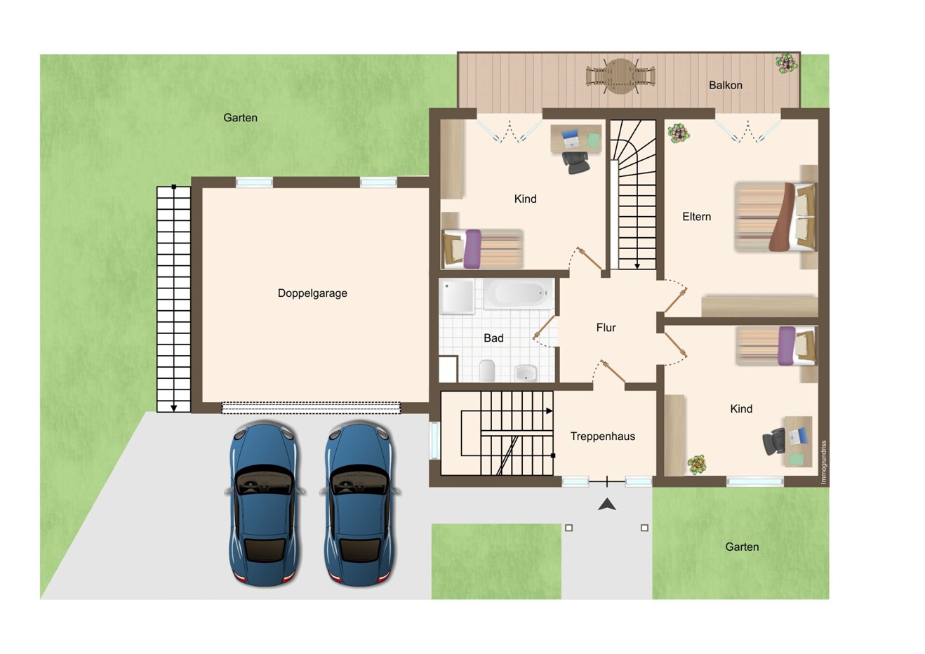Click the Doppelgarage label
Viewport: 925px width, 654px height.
tap(312, 293)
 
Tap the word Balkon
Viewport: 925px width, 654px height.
tap(726, 86)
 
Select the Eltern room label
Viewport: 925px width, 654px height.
tap(697, 217)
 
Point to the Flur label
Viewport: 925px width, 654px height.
tap(606, 328)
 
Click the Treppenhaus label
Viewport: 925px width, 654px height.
tap(602, 436)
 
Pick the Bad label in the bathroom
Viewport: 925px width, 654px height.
tap(493, 338)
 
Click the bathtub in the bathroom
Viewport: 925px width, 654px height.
tap(519, 293)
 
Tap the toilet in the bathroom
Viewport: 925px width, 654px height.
tap(487, 371)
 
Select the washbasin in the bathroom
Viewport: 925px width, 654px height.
tap(526, 373)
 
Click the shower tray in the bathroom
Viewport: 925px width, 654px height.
tap(458, 296)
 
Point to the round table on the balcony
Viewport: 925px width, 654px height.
tap(620, 76)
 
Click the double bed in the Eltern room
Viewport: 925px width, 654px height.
tap(776, 217)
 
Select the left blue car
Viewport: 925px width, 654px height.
tap(265, 503)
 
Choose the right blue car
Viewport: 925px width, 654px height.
tap(359, 503)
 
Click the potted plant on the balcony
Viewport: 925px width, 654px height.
tap(786, 64)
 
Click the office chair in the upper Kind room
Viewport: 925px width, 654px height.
tap(575, 163)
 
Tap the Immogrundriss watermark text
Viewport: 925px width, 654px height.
tap(824, 462)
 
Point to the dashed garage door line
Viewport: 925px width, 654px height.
tap(311, 408)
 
